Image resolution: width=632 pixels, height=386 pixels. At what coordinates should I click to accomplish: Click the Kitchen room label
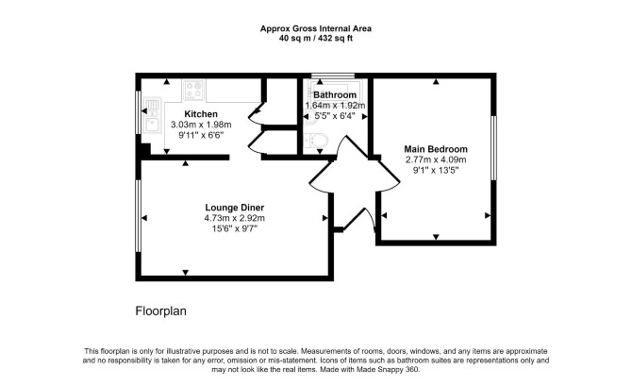point(201,114)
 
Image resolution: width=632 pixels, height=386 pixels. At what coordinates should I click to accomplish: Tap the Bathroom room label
point(335,94)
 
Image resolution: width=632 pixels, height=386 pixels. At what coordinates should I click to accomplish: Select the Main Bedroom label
point(436,149)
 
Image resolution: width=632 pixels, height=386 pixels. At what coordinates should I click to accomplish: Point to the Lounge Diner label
point(235,208)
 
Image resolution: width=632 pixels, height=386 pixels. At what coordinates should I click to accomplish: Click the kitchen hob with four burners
point(194,90)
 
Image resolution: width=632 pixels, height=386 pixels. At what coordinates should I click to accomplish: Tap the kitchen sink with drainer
point(153,115)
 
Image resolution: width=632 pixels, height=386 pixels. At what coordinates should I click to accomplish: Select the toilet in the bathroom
point(316,141)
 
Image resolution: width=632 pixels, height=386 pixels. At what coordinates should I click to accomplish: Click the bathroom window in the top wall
point(333,76)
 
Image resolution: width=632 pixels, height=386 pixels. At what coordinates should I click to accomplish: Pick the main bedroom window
point(493,147)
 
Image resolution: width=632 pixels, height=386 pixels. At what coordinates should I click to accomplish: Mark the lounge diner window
point(138,216)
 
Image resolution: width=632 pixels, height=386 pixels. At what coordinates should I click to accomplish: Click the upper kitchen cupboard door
point(256,112)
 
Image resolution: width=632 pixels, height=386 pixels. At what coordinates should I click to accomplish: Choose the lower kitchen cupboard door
point(257,143)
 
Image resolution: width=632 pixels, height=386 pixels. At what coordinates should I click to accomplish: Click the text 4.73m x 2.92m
point(235,218)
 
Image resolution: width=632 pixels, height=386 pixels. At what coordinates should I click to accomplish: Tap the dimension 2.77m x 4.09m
point(436,159)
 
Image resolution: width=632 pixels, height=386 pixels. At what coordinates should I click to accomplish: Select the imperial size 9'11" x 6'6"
point(201,135)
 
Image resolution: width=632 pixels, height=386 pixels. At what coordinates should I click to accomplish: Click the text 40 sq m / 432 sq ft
point(316,39)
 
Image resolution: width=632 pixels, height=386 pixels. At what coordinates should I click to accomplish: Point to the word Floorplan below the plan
point(160,311)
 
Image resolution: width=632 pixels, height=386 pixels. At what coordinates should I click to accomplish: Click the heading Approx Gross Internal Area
point(316,28)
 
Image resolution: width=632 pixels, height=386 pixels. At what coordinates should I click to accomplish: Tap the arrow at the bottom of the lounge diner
point(186,273)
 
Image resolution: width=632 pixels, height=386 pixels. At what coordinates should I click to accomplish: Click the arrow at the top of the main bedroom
point(436,82)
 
